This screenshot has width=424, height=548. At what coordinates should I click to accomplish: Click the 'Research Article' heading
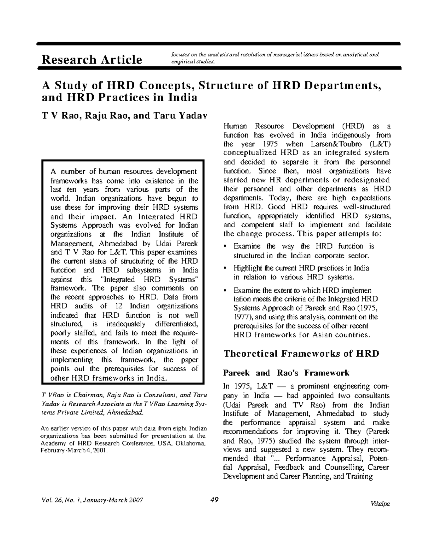(92, 60)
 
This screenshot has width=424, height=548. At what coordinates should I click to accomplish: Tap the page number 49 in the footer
(214, 500)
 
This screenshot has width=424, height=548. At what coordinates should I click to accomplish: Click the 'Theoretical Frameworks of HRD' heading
(302, 354)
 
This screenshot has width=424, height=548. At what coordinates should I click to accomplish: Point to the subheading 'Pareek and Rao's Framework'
(287, 373)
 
